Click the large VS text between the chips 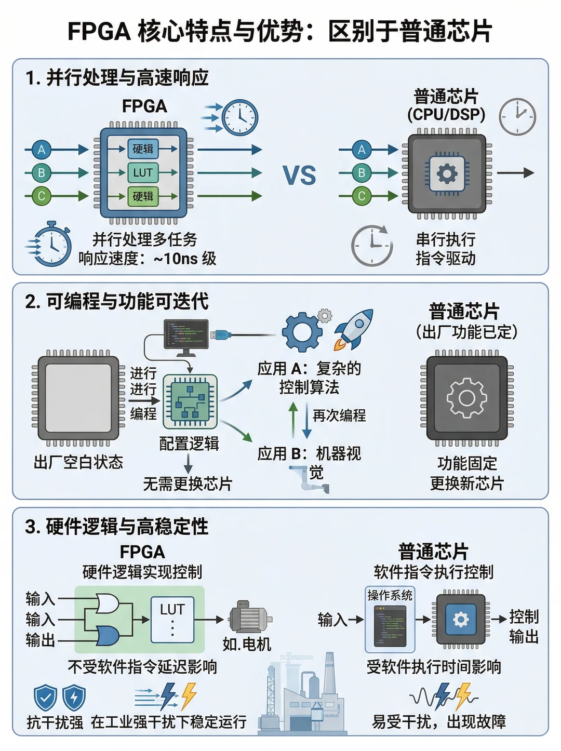click(x=299, y=176)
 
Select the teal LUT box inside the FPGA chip click(x=143, y=172)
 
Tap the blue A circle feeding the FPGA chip click(x=42, y=150)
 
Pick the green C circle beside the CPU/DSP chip click(x=362, y=196)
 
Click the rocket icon click(x=353, y=329)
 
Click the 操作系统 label click(x=390, y=596)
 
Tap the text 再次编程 click(x=339, y=415)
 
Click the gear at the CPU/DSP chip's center click(x=447, y=173)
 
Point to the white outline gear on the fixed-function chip click(x=466, y=398)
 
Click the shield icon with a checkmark click(x=46, y=698)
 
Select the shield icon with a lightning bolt click(x=74, y=698)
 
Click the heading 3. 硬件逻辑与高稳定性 click(x=117, y=526)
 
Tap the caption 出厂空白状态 click(x=78, y=462)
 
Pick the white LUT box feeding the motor click(x=172, y=620)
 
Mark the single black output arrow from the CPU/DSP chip click(x=515, y=173)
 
